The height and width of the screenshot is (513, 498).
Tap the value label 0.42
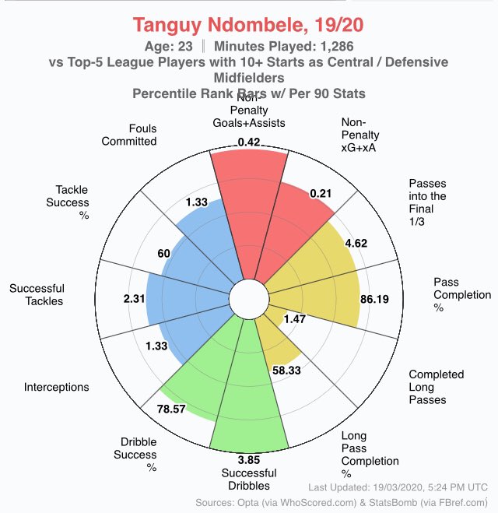(x=249, y=142)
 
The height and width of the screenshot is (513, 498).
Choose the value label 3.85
(x=248, y=459)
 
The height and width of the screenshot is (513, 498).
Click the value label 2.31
(x=134, y=298)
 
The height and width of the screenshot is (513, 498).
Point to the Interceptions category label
(x=56, y=387)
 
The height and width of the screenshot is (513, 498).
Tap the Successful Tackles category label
(x=37, y=295)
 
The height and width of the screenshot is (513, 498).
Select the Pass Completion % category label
(x=462, y=295)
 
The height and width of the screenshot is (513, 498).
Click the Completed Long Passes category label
(x=437, y=387)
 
